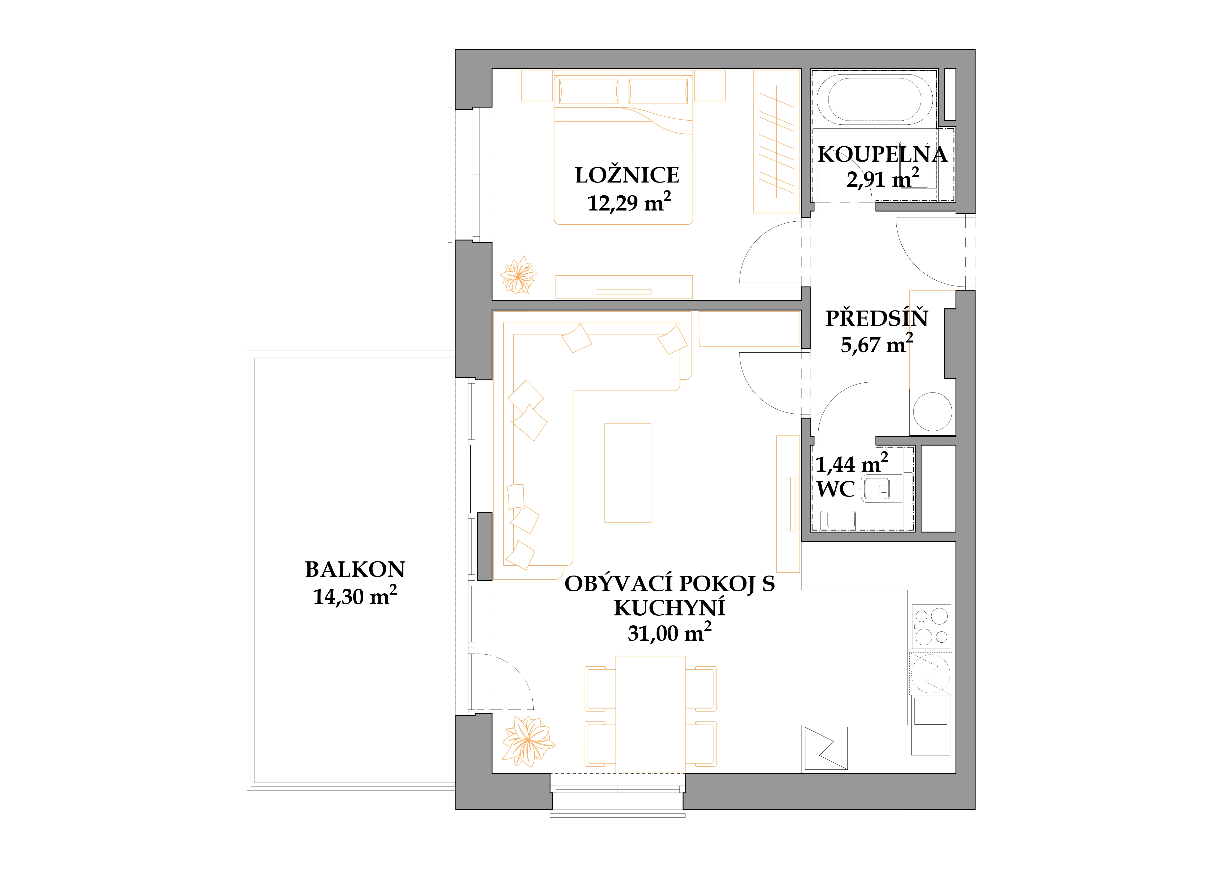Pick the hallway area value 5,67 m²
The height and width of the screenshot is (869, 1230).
(x=876, y=344)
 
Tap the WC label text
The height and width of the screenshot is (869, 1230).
(x=835, y=489)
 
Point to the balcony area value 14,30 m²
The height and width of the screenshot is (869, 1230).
(x=355, y=595)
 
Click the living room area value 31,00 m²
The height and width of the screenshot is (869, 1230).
(x=670, y=632)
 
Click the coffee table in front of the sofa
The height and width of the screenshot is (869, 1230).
(x=628, y=473)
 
